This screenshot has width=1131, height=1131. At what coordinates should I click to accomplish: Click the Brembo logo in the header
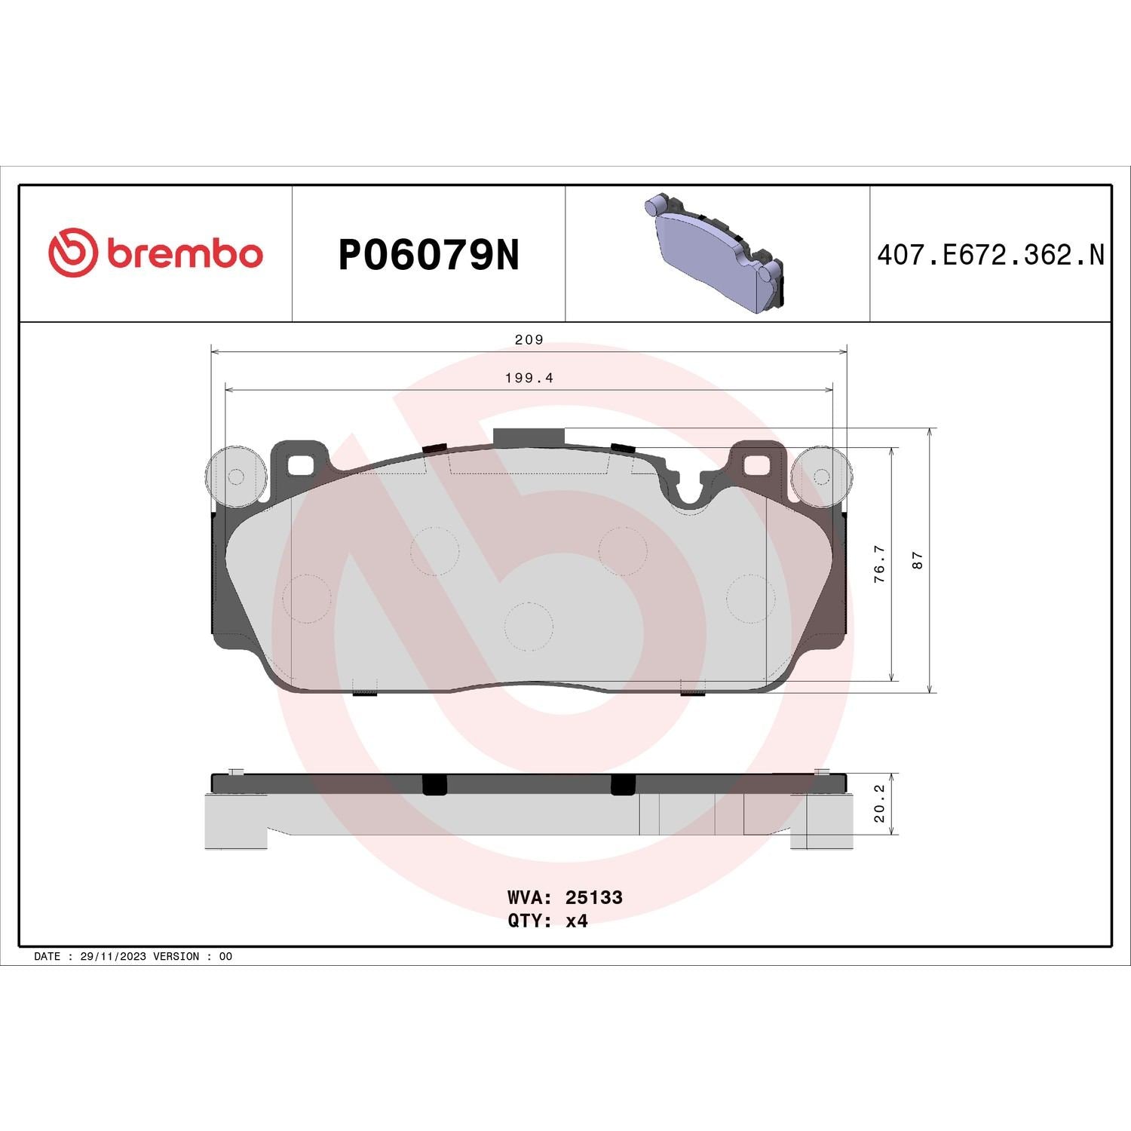tap(155, 253)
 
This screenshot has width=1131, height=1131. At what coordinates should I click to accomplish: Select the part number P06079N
tap(429, 256)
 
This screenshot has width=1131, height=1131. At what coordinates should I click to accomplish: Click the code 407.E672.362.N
tap(990, 255)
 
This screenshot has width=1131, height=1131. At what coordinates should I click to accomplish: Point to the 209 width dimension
tap(529, 339)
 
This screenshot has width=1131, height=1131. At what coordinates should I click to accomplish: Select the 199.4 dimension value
tap(529, 378)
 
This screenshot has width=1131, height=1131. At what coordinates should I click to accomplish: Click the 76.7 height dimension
tap(878, 565)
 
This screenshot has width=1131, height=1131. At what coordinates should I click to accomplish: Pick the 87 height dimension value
tap(917, 560)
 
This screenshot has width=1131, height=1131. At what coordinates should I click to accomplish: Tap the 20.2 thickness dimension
tap(879, 803)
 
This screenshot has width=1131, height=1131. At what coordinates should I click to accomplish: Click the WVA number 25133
tap(594, 897)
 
